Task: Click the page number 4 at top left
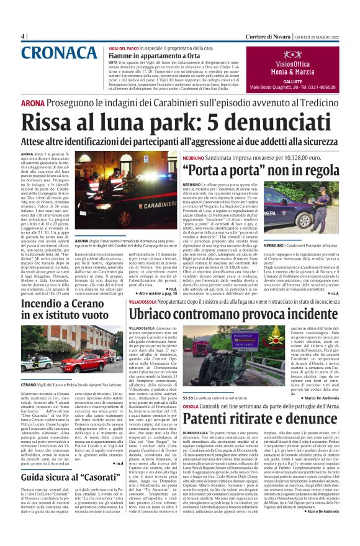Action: pyautogui.click(x=23, y=36)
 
